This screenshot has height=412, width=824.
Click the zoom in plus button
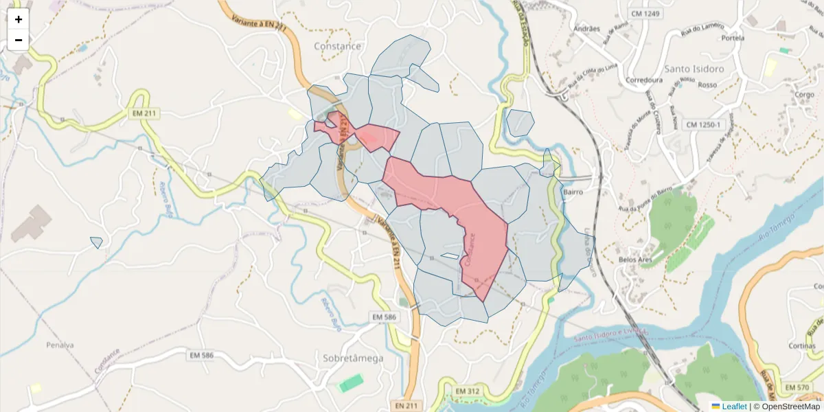coord(19,19)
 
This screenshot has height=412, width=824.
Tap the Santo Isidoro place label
coord(694,69)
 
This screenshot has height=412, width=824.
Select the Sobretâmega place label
coord(353,358)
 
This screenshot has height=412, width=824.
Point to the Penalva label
coord(60,345)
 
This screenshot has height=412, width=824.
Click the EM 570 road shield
coord(797,388)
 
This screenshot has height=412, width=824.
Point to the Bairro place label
coord(573,192)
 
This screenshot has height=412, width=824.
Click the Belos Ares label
coord(635,260)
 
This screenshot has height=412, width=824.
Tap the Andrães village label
coord(586,29)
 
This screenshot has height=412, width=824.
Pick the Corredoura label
coord(644,80)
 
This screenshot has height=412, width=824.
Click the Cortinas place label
coord(802,346)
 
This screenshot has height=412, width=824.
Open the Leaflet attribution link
coord(734,407)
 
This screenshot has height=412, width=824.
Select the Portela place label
coord(733,38)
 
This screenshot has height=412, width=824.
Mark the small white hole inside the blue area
coord(450,256)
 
